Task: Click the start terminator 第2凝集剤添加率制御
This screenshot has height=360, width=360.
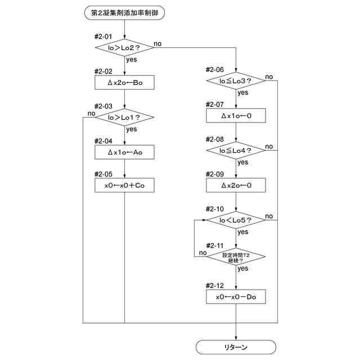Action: [x=124, y=13]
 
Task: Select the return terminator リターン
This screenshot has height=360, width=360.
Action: [x=236, y=347]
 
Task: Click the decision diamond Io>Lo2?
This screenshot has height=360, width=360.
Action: [x=124, y=48]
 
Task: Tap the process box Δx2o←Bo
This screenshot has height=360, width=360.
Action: [x=124, y=83]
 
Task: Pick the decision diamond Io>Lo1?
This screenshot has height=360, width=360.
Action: [x=124, y=118]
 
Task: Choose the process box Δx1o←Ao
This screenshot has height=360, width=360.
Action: [x=124, y=152]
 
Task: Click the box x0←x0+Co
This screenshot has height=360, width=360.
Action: [x=124, y=185]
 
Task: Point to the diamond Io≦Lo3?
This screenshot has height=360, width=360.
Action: [x=236, y=81]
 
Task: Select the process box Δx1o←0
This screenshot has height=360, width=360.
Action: [x=236, y=115]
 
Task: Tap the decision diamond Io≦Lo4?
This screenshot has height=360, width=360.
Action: [x=236, y=150]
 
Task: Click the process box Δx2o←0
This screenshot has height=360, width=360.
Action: [x=236, y=185]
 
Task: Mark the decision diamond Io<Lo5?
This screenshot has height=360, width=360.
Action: [x=236, y=220]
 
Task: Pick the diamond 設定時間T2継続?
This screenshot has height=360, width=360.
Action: [x=236, y=256]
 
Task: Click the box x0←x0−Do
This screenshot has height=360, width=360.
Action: [x=236, y=296]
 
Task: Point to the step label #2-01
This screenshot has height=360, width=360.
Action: [x=103, y=37]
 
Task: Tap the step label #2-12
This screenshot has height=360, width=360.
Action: [x=215, y=286]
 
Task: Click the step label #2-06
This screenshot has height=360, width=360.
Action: [x=215, y=70]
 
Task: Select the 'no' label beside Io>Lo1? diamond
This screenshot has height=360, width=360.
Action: [x=91, y=114]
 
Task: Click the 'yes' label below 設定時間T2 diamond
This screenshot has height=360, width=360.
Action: [x=243, y=268]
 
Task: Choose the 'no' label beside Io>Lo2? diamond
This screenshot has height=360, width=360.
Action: [x=157, y=44]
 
